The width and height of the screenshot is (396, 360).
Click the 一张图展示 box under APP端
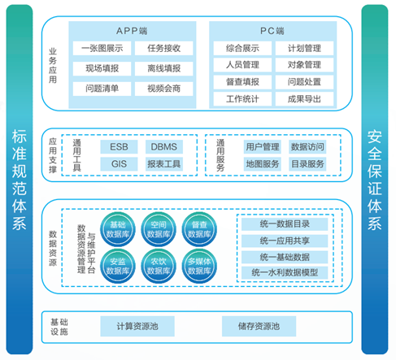coord(102,48)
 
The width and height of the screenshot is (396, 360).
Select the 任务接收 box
coord(164,48)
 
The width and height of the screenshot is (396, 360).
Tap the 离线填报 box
coord(164,68)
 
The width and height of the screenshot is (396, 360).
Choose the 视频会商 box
coord(164,89)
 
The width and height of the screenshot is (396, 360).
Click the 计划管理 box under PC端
coord(304,48)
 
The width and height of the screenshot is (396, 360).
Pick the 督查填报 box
coord(242,82)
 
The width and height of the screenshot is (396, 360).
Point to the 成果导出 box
coord(304,99)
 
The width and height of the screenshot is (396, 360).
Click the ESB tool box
coord(119,147)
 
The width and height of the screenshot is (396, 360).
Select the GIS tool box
coord(119,164)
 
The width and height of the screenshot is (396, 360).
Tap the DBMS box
coord(164,147)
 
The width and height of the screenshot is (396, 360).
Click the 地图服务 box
coord(263,164)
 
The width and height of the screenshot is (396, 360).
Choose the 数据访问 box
coord(307,147)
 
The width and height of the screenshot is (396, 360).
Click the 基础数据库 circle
coord(118,229)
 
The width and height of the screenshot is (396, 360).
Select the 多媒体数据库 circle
coord(199,266)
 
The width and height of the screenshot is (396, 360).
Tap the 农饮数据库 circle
coord(159,266)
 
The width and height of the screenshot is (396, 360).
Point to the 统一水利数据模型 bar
coord(285,272)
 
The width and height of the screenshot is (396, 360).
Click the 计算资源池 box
coord(137,326)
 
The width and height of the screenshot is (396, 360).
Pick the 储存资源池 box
coord(259,326)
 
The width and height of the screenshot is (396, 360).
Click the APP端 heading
coord(132,31)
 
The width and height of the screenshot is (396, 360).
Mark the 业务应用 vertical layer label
coord(53,66)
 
